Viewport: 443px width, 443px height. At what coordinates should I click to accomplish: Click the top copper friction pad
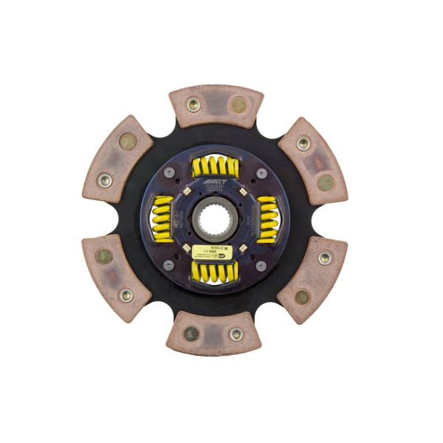(x=216, y=106)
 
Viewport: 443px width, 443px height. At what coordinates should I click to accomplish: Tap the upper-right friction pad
(x=312, y=160)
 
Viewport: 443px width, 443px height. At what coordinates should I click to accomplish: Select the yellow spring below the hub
(x=215, y=271)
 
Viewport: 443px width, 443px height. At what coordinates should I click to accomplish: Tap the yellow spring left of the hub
(x=162, y=219)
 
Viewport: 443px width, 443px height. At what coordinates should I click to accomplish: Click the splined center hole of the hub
(x=215, y=219)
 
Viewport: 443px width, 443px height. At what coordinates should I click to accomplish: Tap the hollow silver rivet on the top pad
(x=193, y=105)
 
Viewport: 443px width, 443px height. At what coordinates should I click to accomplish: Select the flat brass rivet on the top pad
(x=238, y=105)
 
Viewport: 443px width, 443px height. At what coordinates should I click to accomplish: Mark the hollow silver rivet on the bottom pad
(x=236, y=334)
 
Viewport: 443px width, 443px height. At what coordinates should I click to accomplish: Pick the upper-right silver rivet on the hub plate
(x=261, y=173)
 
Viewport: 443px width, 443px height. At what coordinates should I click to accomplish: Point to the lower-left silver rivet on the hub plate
(x=169, y=264)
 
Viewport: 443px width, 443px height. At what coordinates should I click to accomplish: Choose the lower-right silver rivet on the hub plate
(x=261, y=264)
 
